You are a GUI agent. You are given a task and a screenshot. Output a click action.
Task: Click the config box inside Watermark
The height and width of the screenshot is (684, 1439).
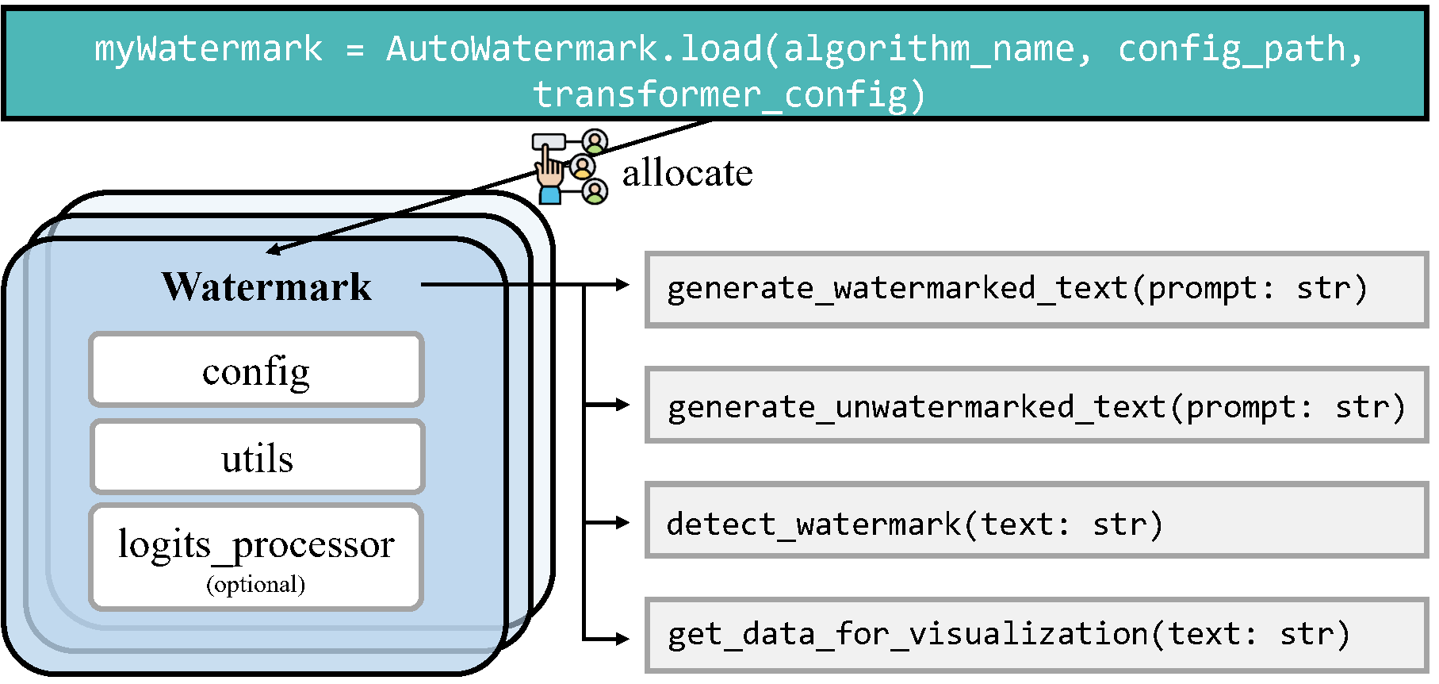click(x=256, y=370)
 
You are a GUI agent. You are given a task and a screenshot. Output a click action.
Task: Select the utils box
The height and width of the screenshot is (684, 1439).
click(x=257, y=458)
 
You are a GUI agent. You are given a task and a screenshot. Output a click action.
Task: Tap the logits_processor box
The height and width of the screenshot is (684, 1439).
click(x=256, y=556)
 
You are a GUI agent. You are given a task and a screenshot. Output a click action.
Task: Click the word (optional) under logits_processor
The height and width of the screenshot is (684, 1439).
click(x=255, y=585)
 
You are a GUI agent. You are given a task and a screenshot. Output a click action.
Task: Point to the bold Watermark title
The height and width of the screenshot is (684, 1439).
click(x=266, y=286)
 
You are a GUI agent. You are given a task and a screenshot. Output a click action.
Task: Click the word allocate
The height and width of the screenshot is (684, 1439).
click(x=687, y=173)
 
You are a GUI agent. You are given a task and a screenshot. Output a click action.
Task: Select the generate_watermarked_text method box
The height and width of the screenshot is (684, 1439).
click(x=1036, y=289)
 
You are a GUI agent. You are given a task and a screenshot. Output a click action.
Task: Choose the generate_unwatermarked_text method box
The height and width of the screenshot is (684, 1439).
click(x=1036, y=405)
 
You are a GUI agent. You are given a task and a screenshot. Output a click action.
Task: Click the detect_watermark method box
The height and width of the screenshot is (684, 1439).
click(x=1036, y=523)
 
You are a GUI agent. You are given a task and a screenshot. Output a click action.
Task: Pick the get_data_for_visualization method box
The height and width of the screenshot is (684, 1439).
click(x=1036, y=634)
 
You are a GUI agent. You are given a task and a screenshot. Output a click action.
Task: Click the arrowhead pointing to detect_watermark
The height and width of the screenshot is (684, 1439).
click(x=622, y=523)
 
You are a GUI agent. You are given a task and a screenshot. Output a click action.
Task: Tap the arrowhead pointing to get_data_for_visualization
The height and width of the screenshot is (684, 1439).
click(x=622, y=637)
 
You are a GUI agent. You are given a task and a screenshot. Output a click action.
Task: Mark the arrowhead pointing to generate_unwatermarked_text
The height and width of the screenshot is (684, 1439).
click(x=622, y=405)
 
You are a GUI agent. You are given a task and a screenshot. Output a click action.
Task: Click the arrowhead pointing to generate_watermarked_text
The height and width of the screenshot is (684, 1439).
click(x=622, y=284)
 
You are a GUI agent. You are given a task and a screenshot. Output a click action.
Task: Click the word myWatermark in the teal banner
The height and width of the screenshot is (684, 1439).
click(x=209, y=49)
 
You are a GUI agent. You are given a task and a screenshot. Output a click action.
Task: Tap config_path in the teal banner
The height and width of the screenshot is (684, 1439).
click(x=1231, y=49)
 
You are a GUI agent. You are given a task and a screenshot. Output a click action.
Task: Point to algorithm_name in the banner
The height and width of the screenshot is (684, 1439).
click(x=928, y=49)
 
